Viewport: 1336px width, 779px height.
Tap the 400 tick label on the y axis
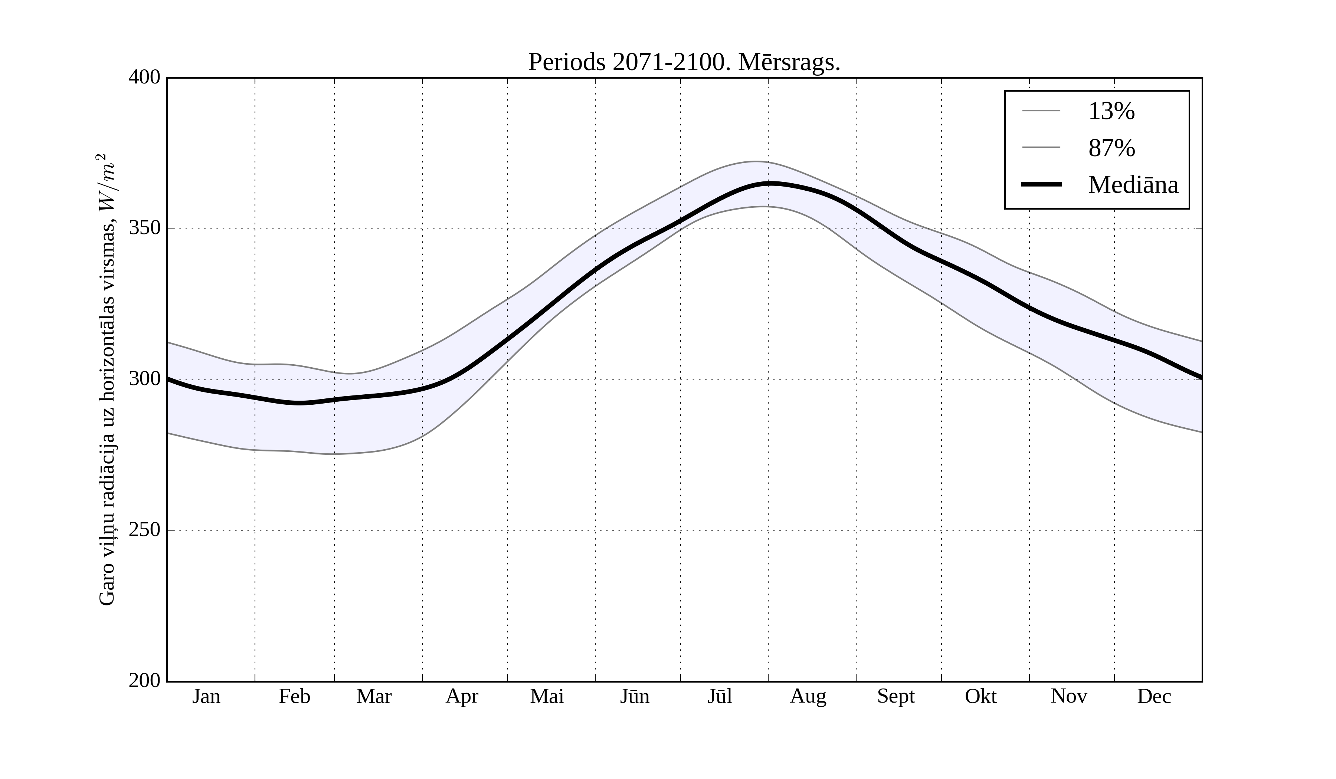pyautogui.click(x=144, y=78)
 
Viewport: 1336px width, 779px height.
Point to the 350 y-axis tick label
pyautogui.click(x=144, y=229)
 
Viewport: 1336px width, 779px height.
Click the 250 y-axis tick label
pyautogui.click(x=144, y=530)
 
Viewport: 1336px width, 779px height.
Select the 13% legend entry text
pyautogui.click(x=1111, y=112)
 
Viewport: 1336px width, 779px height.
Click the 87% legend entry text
pyautogui.click(x=1111, y=148)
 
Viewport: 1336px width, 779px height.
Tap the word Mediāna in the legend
pyautogui.click(x=1133, y=185)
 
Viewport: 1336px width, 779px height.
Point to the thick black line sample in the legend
pyautogui.click(x=1041, y=184)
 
